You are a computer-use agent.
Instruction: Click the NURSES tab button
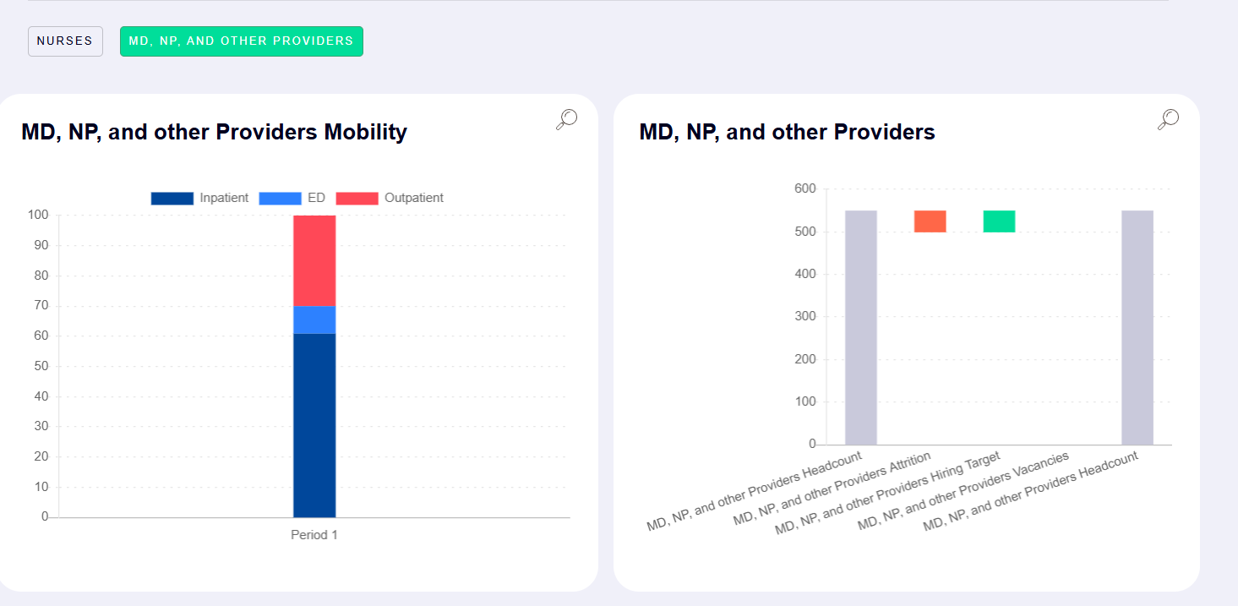(65, 41)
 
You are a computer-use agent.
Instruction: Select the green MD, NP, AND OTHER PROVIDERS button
(241, 41)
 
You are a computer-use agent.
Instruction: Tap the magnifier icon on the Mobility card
(566, 120)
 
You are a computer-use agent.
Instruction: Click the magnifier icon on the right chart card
(1168, 120)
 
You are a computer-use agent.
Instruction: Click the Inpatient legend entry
(200, 198)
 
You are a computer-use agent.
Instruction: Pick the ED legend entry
(292, 198)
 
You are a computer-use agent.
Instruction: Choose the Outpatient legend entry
(390, 198)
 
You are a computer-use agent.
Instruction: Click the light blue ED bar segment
(314, 319)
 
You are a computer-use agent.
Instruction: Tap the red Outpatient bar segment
(314, 260)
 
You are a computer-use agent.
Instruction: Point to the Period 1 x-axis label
(314, 535)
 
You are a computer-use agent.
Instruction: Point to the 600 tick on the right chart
(804, 188)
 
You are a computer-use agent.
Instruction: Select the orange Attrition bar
(930, 221)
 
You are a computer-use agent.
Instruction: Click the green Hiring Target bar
(999, 221)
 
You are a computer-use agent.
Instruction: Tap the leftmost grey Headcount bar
(861, 328)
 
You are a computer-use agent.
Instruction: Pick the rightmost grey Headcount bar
(1137, 328)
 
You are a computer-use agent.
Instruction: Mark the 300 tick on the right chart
(804, 317)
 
